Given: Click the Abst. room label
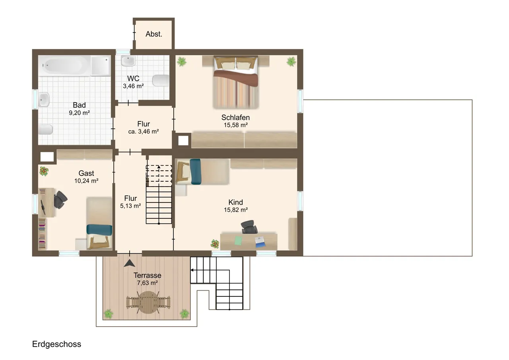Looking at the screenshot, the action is (154, 34).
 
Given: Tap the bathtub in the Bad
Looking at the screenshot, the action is (64, 66).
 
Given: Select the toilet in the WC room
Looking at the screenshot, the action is (161, 81).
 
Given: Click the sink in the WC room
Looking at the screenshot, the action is (128, 61).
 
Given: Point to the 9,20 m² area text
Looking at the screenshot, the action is (79, 113).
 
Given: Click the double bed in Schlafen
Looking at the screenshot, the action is (236, 82).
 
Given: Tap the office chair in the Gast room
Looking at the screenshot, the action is (60, 200).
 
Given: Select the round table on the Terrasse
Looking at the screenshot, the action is (148, 302).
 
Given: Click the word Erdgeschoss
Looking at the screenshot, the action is (56, 344).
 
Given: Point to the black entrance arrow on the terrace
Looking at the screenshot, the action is (130, 263).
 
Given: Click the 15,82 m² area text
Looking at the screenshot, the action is (236, 210).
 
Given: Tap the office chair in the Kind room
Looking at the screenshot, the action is (249, 227).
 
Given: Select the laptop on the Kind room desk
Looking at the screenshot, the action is (260, 242).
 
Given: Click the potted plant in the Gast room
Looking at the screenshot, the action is (44, 171).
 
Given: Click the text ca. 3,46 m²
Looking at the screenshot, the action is (144, 132).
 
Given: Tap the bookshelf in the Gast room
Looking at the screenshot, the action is (42, 234).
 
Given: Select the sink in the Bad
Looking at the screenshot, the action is (44, 99).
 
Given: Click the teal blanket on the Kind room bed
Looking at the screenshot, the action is (195, 171).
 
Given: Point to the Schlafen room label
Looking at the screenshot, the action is (236, 117).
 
